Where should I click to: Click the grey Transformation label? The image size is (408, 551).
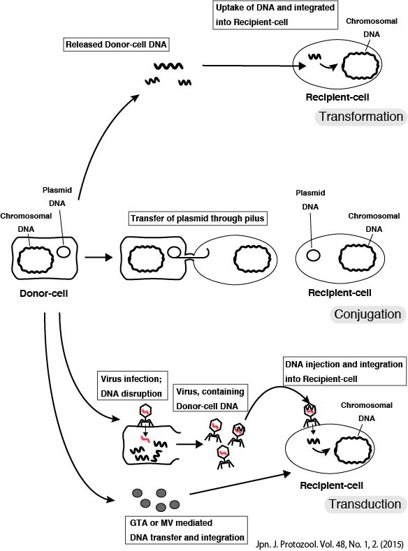361,117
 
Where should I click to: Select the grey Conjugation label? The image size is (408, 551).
367,314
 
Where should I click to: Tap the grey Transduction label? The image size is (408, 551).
365,504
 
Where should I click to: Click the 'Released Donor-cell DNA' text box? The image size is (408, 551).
116,45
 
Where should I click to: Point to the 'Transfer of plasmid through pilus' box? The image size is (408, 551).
197,218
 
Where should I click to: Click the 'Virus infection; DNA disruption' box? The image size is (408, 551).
131,386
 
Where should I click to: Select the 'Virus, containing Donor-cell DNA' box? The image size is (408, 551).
210,399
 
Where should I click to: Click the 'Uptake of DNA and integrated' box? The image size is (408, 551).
275,15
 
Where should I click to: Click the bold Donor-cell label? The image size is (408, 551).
43,293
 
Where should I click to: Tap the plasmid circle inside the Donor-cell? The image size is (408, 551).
64,252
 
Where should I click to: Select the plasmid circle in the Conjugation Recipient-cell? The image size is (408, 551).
313,256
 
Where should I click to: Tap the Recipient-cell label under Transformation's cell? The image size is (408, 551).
337,97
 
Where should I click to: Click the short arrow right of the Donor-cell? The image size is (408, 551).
99,257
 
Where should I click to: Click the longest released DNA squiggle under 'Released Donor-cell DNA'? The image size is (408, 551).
168,66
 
